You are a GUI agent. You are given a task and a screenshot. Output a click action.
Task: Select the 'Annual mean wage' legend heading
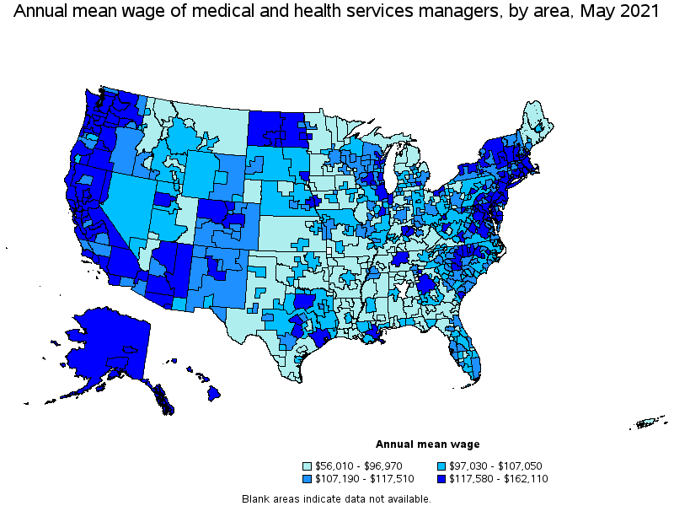point(427,444)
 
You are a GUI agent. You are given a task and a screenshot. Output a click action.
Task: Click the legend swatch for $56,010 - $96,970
point(308,466)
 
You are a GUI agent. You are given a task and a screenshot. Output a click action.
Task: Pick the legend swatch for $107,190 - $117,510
point(308,479)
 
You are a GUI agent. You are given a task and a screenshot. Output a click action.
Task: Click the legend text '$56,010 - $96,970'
point(358,466)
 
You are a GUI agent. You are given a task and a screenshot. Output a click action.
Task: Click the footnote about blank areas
point(336,498)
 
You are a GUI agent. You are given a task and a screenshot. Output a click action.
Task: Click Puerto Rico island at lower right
point(650,423)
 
